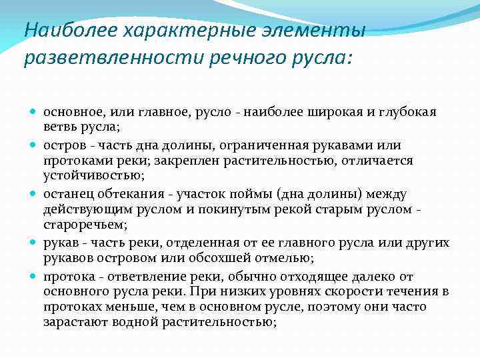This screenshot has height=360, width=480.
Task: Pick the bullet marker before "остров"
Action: (x=35, y=145)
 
